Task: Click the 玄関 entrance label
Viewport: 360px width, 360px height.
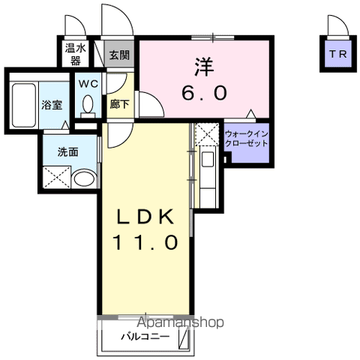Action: [119, 55]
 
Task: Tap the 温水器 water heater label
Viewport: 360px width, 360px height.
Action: [76, 55]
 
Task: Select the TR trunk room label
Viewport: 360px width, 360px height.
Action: [338, 54]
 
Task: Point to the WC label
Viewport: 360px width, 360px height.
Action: [88, 84]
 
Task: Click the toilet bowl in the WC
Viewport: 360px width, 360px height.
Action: [88, 104]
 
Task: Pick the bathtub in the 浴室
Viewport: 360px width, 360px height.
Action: [24, 105]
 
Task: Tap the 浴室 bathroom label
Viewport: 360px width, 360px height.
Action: [52, 105]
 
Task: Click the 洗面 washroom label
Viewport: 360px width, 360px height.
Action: [68, 152]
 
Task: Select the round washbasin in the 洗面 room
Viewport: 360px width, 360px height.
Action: [85, 178]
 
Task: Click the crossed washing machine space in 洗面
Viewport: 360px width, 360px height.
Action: [57, 177]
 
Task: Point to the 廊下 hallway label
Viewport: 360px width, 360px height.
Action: [119, 104]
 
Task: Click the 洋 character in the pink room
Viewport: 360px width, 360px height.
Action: [205, 67]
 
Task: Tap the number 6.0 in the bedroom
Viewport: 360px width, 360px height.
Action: [205, 92]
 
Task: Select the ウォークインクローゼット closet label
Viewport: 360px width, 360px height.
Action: [247, 139]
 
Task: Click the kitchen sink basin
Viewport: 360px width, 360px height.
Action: [208, 159]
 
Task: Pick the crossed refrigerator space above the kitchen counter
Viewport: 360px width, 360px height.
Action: [207, 134]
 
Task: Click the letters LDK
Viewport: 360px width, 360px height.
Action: [145, 216]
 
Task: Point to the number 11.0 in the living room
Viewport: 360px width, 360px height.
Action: [145, 242]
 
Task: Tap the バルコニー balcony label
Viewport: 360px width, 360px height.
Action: [145, 337]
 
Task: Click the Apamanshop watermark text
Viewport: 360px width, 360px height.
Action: [181, 322]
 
